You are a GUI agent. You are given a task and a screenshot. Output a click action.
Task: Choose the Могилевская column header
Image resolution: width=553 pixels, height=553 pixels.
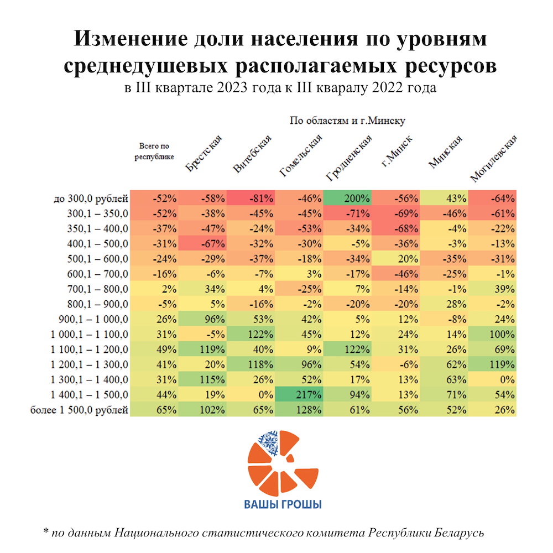coord(493,158)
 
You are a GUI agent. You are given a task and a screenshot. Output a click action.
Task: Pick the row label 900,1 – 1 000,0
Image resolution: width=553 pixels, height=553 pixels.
coord(93,319)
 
